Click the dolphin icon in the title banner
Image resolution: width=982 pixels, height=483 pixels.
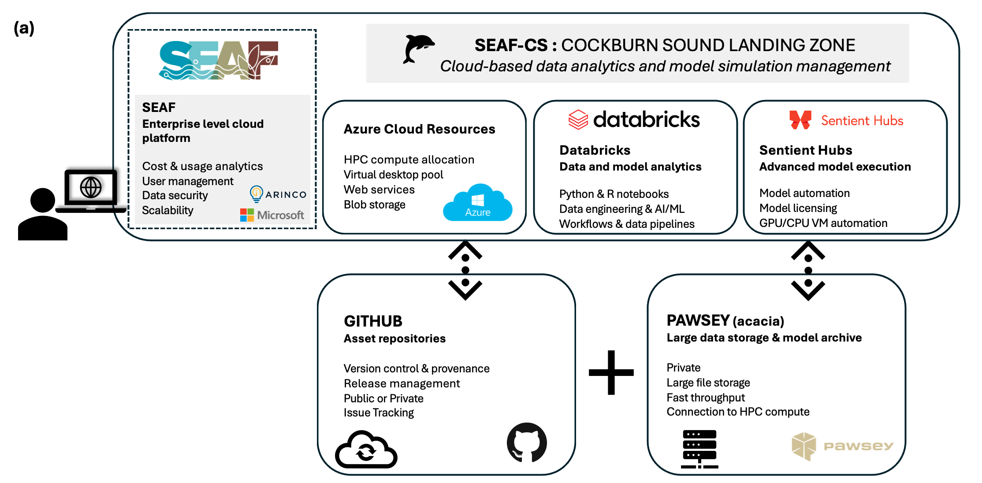click(x=418, y=48)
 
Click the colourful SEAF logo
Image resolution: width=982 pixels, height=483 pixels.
click(x=219, y=60)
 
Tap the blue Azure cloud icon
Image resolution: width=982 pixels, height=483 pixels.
click(x=478, y=203)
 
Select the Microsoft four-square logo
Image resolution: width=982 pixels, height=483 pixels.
click(x=247, y=215)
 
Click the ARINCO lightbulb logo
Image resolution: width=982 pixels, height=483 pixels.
click(x=256, y=193)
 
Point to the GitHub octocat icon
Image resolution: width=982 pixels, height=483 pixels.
click(x=527, y=442)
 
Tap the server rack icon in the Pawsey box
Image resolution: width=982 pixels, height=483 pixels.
click(x=699, y=449)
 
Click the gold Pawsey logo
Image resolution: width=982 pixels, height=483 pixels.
click(x=842, y=446)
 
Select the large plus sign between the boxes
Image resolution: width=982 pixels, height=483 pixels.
click(x=611, y=372)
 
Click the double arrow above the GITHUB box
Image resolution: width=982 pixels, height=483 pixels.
click(x=465, y=270)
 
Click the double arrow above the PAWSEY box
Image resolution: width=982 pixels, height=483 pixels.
click(x=808, y=270)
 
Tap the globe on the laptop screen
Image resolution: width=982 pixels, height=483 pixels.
click(x=91, y=187)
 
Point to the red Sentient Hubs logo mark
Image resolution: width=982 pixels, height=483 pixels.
click(x=800, y=120)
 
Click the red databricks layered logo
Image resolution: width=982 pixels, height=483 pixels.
click(x=578, y=119)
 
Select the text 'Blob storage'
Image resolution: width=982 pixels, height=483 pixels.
click(x=374, y=204)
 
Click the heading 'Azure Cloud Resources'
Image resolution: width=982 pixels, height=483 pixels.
click(x=419, y=129)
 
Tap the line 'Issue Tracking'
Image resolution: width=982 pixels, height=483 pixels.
click(x=379, y=412)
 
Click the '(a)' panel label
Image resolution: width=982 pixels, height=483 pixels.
click(x=24, y=28)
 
